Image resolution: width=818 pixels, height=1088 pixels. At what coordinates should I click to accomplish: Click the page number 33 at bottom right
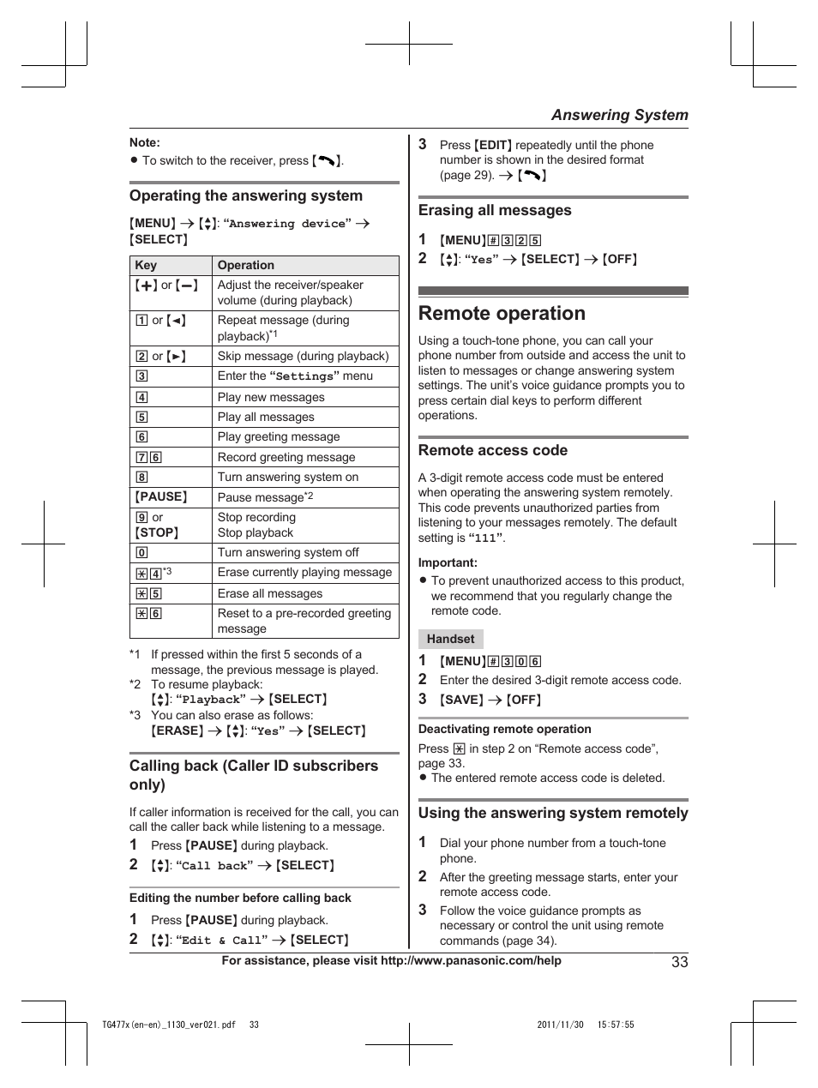679,962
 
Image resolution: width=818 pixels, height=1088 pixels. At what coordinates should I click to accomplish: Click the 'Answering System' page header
619,115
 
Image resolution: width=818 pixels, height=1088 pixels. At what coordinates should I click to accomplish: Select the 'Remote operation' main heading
502,314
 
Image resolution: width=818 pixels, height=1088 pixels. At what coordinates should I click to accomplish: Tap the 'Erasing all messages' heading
495,211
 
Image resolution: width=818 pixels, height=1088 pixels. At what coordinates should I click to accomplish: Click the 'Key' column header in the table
146,266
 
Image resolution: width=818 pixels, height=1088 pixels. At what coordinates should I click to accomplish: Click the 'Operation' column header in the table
246,266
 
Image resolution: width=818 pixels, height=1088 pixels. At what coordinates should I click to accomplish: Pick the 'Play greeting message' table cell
279,437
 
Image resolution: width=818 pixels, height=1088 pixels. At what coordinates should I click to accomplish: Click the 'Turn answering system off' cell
288,553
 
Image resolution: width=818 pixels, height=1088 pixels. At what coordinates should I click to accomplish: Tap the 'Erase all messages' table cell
270,594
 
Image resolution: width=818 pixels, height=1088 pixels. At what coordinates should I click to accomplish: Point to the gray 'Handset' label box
451,640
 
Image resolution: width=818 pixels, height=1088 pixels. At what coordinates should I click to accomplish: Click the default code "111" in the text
486,538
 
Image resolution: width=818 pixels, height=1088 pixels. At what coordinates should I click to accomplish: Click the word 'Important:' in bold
448,563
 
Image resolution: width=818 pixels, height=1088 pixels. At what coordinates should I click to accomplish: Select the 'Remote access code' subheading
493,451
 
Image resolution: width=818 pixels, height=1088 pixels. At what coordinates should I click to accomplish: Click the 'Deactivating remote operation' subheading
504,730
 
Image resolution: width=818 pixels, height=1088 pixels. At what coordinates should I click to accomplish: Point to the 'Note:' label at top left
145,143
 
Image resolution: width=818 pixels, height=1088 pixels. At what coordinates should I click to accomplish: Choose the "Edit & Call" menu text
222,941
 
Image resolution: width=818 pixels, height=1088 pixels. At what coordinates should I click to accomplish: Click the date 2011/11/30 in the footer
560,1025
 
